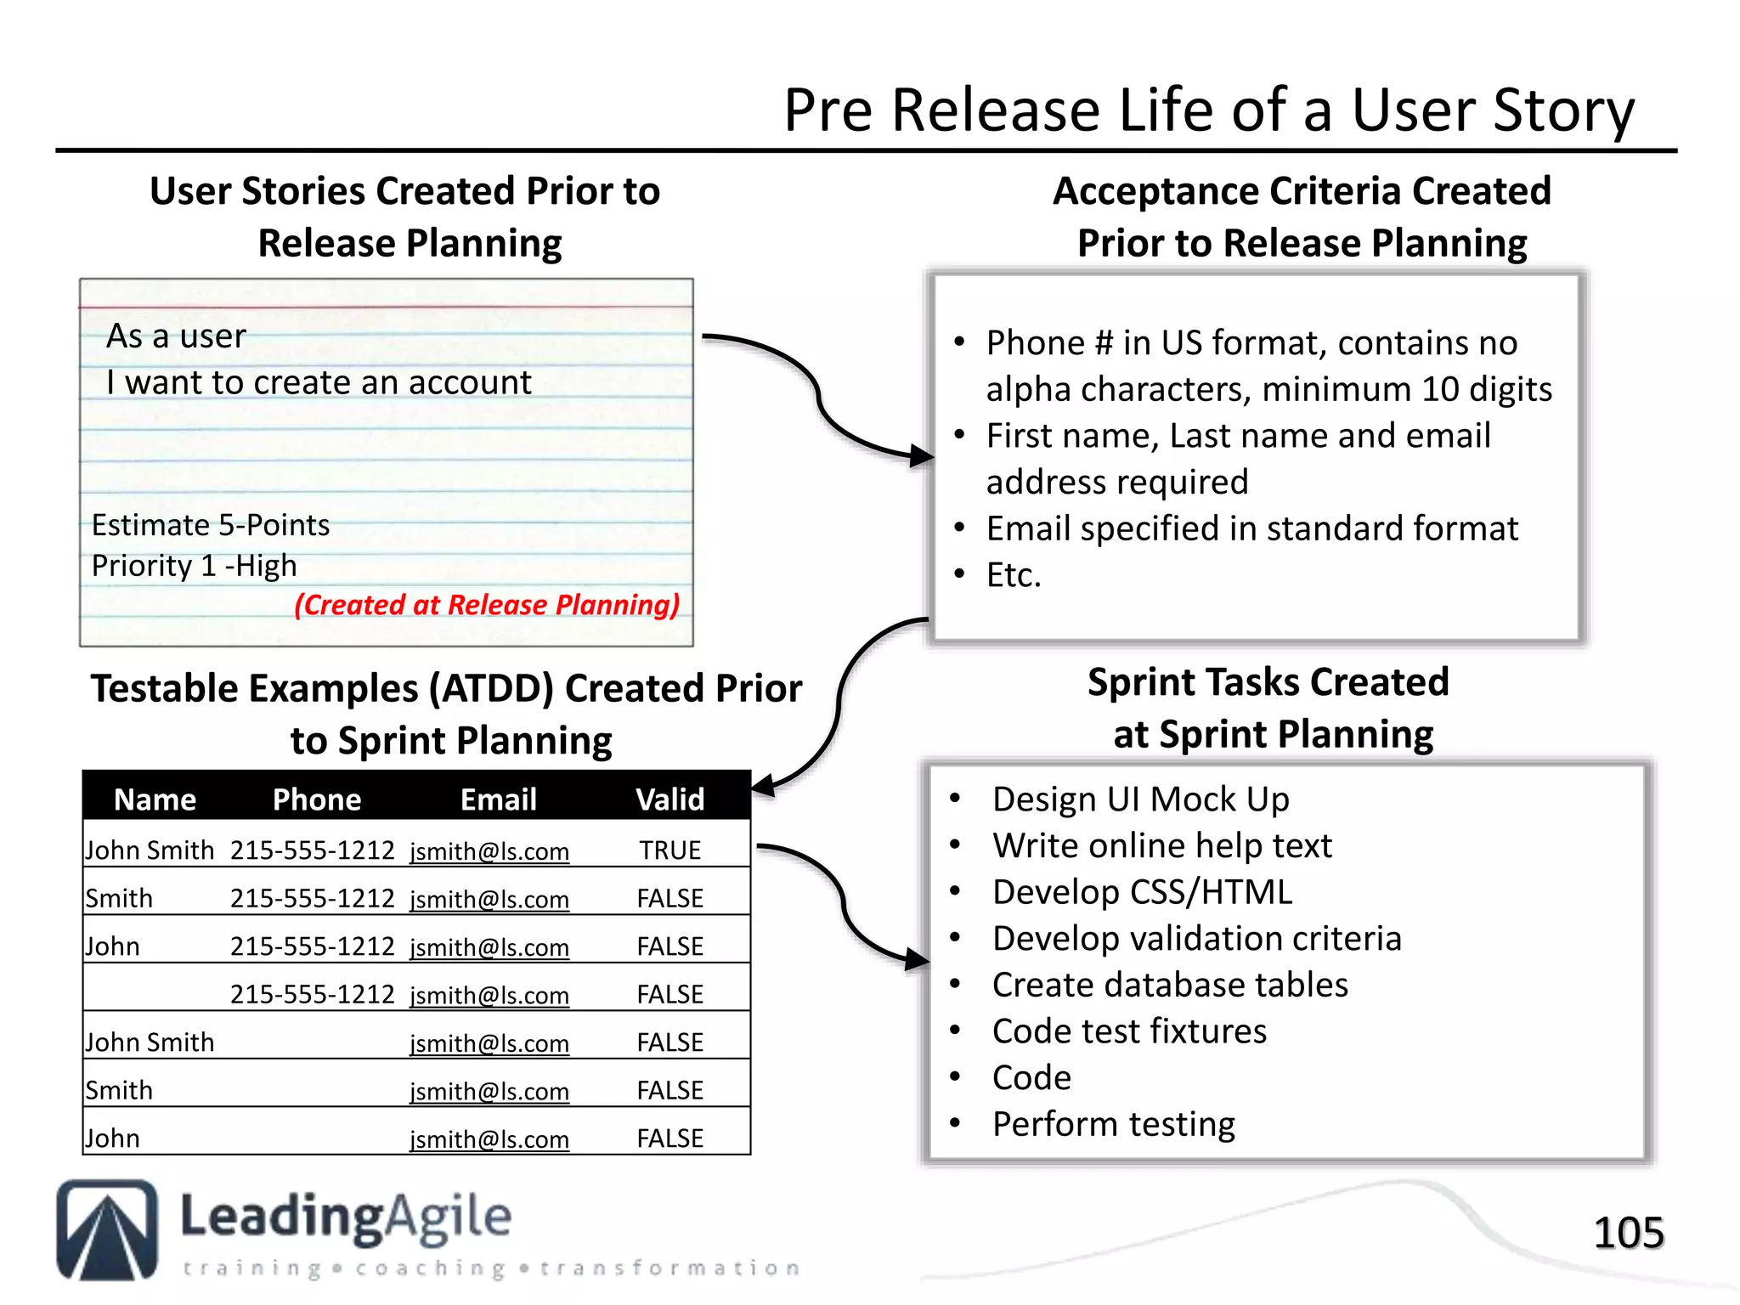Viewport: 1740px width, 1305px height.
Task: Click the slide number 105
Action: pyautogui.click(x=1628, y=1233)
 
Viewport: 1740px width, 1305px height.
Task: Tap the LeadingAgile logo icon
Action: pyautogui.click(x=107, y=1229)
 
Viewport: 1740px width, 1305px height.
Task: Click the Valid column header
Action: pyautogui.click(x=670, y=799)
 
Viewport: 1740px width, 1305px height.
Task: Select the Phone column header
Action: pyautogui.click(x=317, y=799)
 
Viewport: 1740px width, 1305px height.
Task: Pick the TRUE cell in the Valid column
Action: pyautogui.click(x=670, y=850)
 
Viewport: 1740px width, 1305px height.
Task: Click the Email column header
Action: pyautogui.click(x=499, y=799)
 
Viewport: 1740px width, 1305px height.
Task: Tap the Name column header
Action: pyautogui.click(x=155, y=799)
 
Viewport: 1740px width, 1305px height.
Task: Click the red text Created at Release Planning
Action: pyautogui.click(x=487, y=605)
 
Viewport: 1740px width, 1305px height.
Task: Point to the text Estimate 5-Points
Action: pyautogui.click(x=211, y=525)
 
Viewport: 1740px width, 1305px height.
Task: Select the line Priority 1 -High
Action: pyautogui.click(x=195, y=566)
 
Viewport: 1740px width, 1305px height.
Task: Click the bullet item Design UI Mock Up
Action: pyautogui.click(x=1140, y=799)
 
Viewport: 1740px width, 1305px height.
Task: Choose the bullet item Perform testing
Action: pyautogui.click(x=1113, y=1124)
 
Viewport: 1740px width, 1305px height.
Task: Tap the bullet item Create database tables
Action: pyautogui.click(x=1170, y=985)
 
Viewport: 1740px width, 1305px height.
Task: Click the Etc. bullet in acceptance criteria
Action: pyautogui.click(x=1014, y=575)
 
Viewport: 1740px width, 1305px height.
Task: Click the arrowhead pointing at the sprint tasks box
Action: pyautogui.click(x=918, y=960)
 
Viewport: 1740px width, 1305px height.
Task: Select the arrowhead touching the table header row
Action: pyautogui.click(x=762, y=786)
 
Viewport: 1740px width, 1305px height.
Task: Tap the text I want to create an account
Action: pyautogui.click(x=319, y=383)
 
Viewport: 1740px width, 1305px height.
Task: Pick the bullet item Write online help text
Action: pyautogui.click(x=1161, y=846)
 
